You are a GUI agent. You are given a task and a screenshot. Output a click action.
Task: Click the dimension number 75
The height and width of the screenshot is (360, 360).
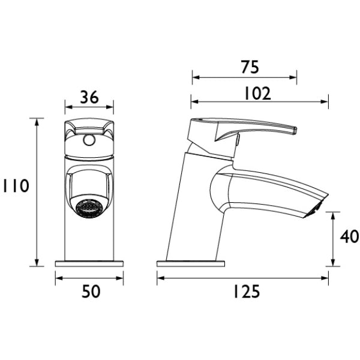tap(250, 67)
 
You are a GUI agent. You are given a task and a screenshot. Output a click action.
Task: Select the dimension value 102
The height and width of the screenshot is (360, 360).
tap(257, 94)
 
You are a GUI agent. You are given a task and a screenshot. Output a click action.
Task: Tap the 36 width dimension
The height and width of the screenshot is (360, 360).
tap(89, 97)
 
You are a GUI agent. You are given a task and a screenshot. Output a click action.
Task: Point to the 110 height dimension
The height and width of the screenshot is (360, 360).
tap(16, 185)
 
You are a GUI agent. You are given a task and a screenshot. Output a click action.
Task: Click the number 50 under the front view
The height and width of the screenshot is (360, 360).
tap(91, 292)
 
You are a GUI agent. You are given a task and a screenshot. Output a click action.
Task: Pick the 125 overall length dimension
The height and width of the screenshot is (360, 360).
tap(247, 292)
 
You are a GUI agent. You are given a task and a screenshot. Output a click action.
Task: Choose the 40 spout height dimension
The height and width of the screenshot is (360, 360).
tap(349, 236)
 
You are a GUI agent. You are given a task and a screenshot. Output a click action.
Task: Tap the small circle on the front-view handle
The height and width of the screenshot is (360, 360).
tap(89, 140)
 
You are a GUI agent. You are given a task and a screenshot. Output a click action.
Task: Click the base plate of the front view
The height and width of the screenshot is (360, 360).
tap(89, 263)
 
